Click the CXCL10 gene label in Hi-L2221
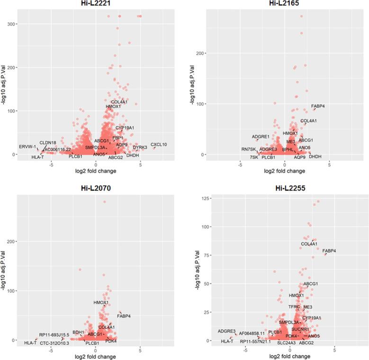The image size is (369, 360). [159, 144]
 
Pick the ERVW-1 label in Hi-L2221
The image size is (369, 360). [27, 147]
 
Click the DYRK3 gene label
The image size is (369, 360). [140, 148]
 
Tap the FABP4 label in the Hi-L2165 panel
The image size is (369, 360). [318, 106]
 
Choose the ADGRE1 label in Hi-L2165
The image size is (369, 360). [261, 137]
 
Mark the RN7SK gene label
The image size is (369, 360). [249, 149]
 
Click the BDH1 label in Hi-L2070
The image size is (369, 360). [78, 333]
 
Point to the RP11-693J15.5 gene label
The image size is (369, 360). [54, 335]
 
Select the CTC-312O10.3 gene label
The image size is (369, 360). [54, 343]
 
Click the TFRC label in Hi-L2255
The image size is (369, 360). [294, 307]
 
